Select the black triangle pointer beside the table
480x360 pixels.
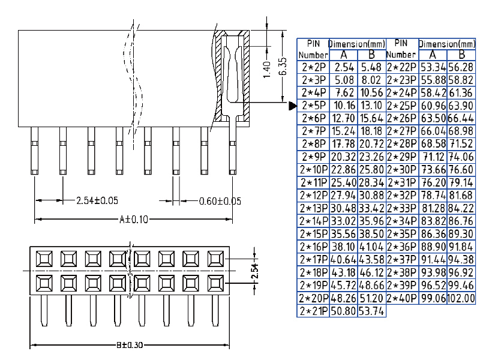coord(293,107)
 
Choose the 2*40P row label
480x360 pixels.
coord(401,298)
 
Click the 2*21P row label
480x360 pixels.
coord(313,311)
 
